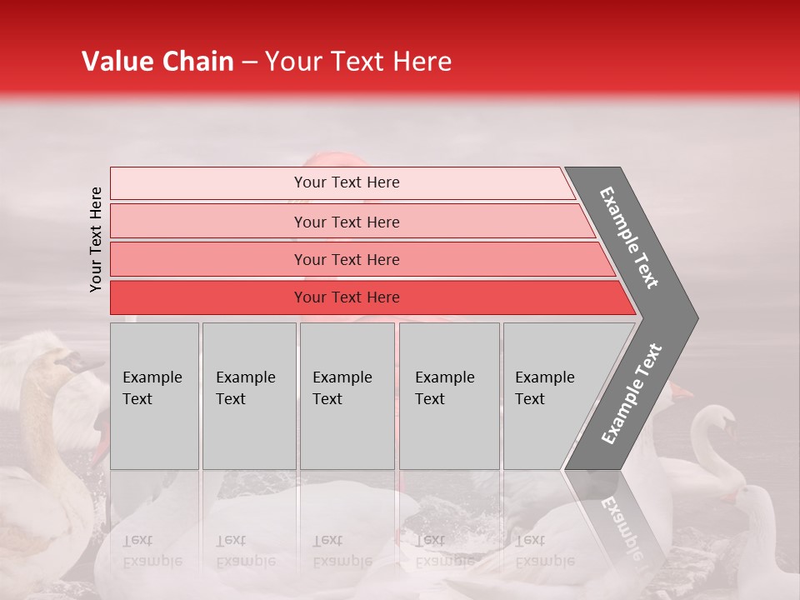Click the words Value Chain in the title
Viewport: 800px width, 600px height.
tap(157, 62)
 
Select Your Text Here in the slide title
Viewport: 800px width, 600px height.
tap(358, 62)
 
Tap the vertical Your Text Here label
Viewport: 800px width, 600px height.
tap(96, 240)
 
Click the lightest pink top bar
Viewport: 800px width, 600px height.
tap(347, 182)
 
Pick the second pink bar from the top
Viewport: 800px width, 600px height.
tap(347, 222)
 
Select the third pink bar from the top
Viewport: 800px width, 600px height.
tap(347, 259)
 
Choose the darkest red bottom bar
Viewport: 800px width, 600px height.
tap(347, 297)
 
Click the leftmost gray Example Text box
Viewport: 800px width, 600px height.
tap(154, 396)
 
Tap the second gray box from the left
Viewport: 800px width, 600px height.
tap(248, 396)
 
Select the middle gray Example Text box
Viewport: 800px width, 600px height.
tap(347, 396)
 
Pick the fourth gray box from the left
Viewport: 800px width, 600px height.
tap(449, 396)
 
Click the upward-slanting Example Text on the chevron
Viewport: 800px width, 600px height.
tap(632, 393)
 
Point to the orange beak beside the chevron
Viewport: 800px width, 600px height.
tap(681, 389)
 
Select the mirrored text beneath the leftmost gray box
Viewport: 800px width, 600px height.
tap(152, 550)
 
